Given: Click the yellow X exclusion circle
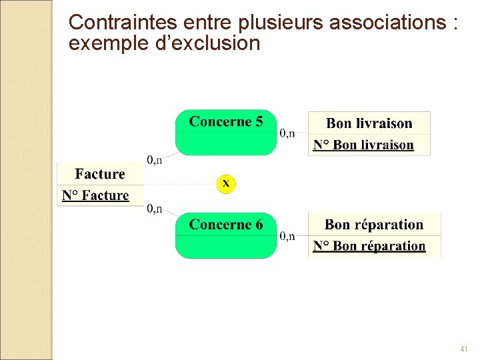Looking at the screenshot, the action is click(226, 183).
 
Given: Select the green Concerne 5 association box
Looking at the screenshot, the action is click(225, 132).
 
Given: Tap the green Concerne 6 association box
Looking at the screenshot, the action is click(225, 235).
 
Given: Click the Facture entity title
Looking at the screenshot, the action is click(100, 174).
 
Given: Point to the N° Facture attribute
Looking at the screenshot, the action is click(95, 195).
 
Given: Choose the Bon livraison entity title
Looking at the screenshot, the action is click(369, 123).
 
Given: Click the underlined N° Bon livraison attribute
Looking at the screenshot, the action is click(363, 145).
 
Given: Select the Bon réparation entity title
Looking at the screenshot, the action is click(374, 225).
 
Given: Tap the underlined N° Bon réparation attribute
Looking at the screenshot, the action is click(369, 246).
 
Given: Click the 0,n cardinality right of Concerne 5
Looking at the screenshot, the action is click(287, 133).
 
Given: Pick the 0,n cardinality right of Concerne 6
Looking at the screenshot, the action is click(287, 236).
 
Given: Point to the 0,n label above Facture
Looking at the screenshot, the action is click(155, 159).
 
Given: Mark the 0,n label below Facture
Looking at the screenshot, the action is click(155, 209).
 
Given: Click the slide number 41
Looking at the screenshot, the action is click(464, 349).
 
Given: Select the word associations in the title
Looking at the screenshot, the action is click(389, 23).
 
